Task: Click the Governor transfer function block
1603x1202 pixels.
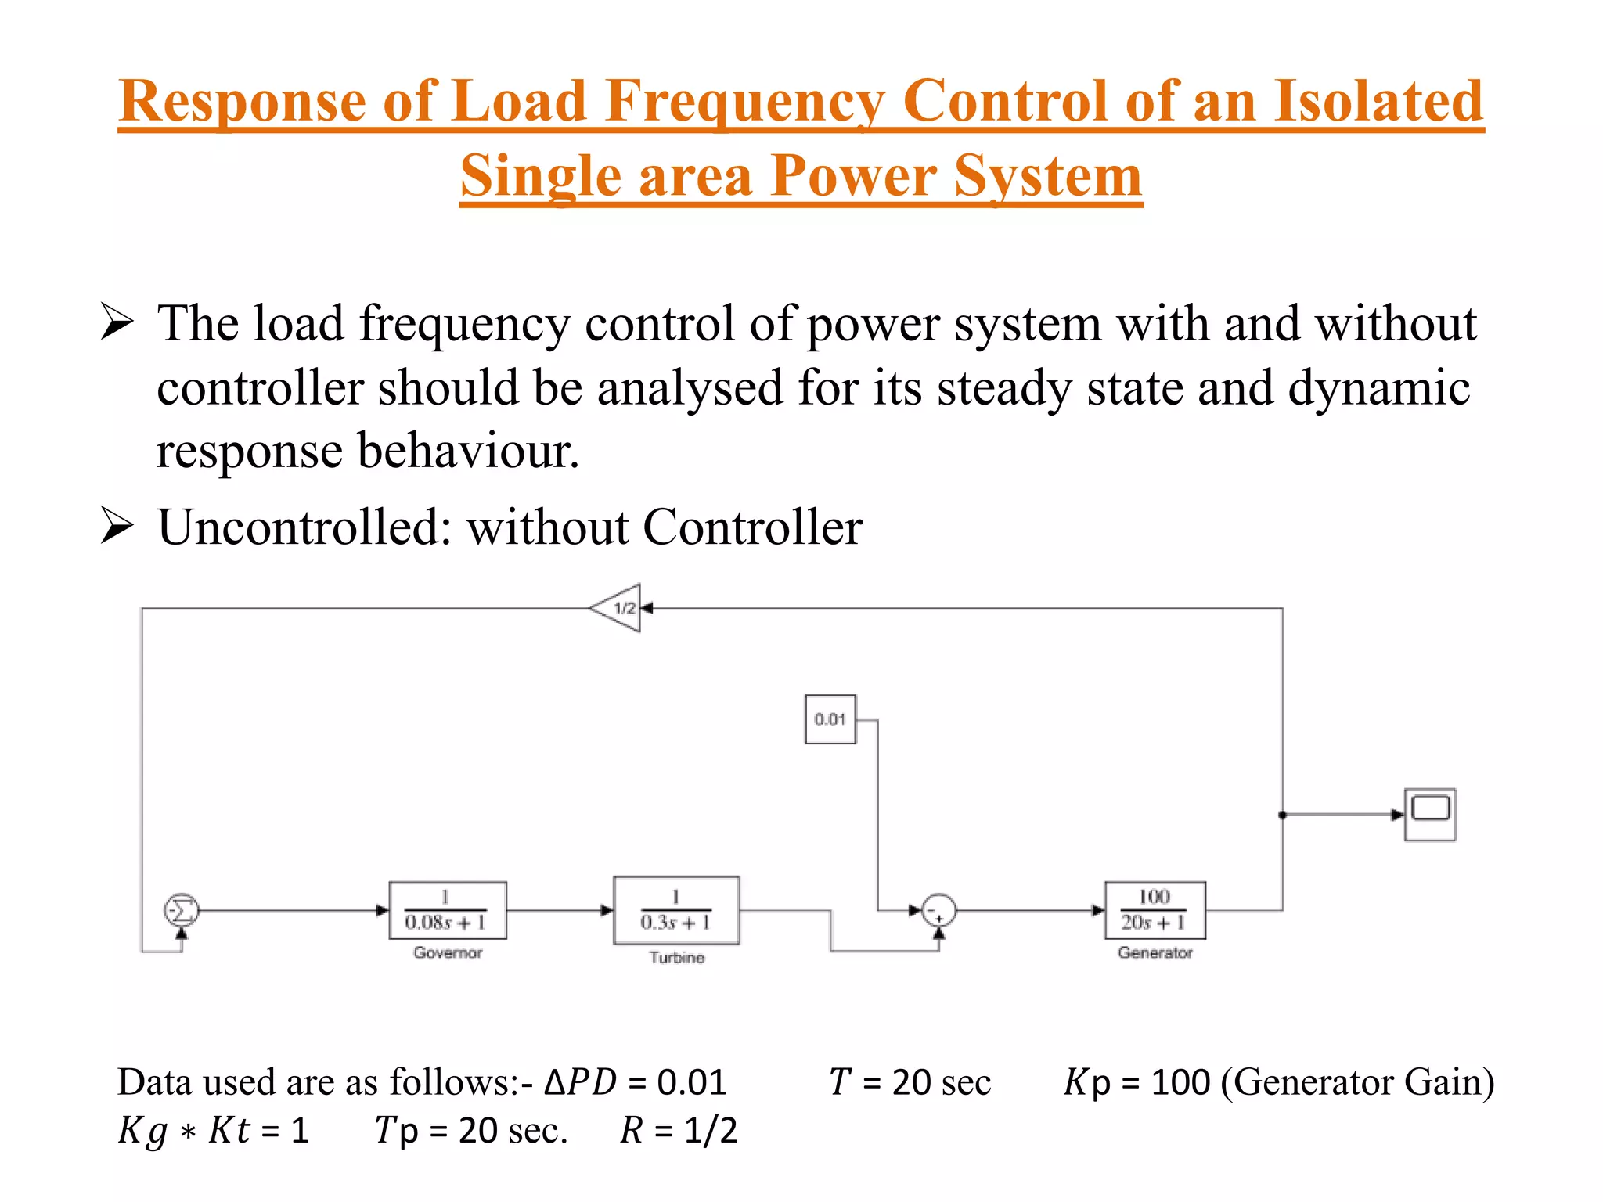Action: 448,910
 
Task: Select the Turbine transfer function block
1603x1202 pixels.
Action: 676,910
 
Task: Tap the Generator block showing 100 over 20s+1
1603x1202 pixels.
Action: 1155,910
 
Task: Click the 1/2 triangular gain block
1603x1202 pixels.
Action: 618,608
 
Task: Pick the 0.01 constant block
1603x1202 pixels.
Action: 830,719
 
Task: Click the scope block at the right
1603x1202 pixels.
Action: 1430,815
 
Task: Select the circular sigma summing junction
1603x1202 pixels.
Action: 182,910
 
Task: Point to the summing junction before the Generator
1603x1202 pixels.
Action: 938,911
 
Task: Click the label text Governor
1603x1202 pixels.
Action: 448,952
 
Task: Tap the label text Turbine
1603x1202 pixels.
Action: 676,957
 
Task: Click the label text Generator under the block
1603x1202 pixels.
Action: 1155,952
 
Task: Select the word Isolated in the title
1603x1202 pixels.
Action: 1378,102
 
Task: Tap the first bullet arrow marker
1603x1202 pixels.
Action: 117,322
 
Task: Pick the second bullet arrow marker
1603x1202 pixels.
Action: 117,526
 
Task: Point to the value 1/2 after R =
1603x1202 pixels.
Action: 711,1130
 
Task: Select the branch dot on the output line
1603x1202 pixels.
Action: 1282,815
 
